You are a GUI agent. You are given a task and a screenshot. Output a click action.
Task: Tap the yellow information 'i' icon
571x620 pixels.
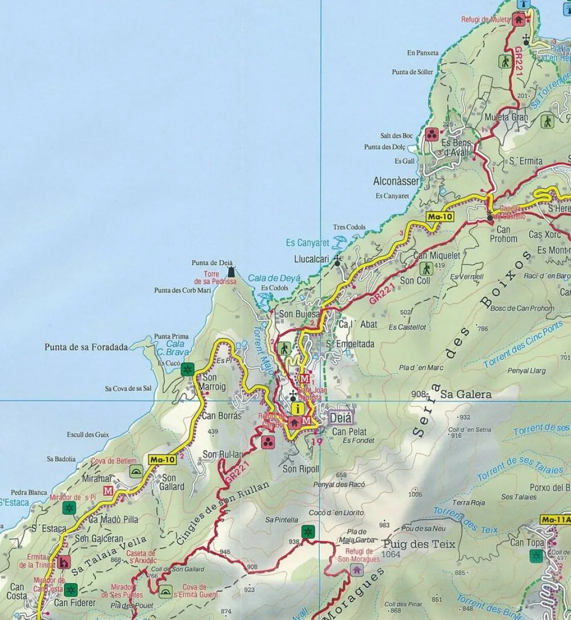click(x=297, y=408)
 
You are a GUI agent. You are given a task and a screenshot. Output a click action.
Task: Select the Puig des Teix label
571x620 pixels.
click(x=420, y=544)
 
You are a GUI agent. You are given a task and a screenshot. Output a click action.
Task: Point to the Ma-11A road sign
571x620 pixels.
click(x=554, y=520)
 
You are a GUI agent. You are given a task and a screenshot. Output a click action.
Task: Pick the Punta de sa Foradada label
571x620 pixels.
click(x=86, y=347)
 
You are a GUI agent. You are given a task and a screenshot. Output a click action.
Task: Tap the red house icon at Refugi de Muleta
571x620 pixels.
click(x=518, y=19)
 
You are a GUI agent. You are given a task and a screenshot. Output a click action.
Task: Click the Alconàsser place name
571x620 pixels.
click(x=396, y=181)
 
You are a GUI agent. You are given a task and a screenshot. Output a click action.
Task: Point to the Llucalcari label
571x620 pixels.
click(x=312, y=259)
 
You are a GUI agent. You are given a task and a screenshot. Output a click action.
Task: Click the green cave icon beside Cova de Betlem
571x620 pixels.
click(x=136, y=471)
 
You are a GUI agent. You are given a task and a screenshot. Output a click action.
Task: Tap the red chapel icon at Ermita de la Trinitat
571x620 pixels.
click(x=63, y=562)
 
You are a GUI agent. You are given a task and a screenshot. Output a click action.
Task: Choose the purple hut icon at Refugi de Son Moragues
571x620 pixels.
click(x=357, y=569)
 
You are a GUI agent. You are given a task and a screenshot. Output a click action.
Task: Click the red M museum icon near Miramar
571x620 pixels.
click(x=108, y=490)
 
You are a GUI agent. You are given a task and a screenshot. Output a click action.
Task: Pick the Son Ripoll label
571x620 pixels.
click(x=300, y=469)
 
